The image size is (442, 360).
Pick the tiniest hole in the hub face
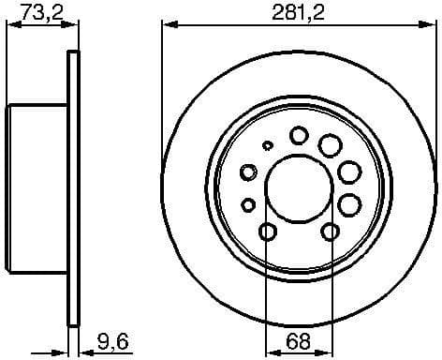[x=268, y=146]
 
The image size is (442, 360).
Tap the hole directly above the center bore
[x=298, y=136]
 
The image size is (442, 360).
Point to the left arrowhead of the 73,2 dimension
[x=10, y=26]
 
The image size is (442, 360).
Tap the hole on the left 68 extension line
[x=267, y=232]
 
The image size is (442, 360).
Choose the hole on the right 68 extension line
[x=330, y=232]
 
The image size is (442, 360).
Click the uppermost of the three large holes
[x=330, y=144]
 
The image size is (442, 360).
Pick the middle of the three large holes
[x=349, y=172]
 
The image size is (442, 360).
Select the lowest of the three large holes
[x=349, y=203]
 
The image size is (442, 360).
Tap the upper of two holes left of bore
[x=248, y=172]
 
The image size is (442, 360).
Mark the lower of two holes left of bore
[x=248, y=203]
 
